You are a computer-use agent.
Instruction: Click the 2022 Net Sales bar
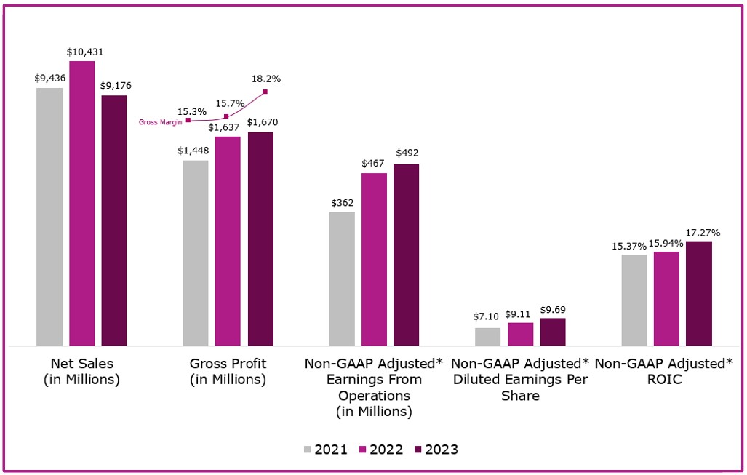pyautogui.click(x=81, y=204)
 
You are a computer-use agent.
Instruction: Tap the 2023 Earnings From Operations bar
pyautogui.click(x=407, y=255)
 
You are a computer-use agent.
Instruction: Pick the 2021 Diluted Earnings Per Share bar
pyautogui.click(x=488, y=337)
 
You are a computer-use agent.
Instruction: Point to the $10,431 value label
pyautogui.click(x=82, y=52)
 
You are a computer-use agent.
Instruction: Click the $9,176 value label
pyautogui.click(x=114, y=86)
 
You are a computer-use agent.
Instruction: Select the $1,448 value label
pyautogui.click(x=196, y=151)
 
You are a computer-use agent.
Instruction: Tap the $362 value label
pyautogui.click(x=342, y=202)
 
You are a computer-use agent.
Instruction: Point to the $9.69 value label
pyautogui.click(x=553, y=309)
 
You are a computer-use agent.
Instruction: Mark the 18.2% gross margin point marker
pyautogui.click(x=265, y=92)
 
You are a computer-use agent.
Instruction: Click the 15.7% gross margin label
pyautogui.click(x=230, y=104)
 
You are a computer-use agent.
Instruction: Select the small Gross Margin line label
pyautogui.click(x=161, y=122)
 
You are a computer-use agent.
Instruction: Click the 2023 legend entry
pyautogui.click(x=436, y=450)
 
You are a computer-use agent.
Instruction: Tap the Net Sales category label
pyautogui.click(x=82, y=371)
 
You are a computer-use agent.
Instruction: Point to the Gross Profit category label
pyautogui.click(x=228, y=371)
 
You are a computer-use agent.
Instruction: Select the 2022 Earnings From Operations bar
pyautogui.click(x=375, y=259)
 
